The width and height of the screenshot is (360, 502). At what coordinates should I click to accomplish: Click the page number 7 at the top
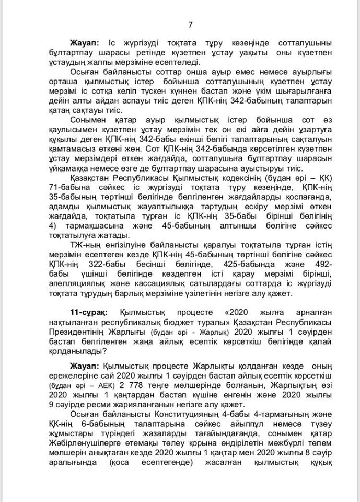pyautogui.click(x=190, y=25)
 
